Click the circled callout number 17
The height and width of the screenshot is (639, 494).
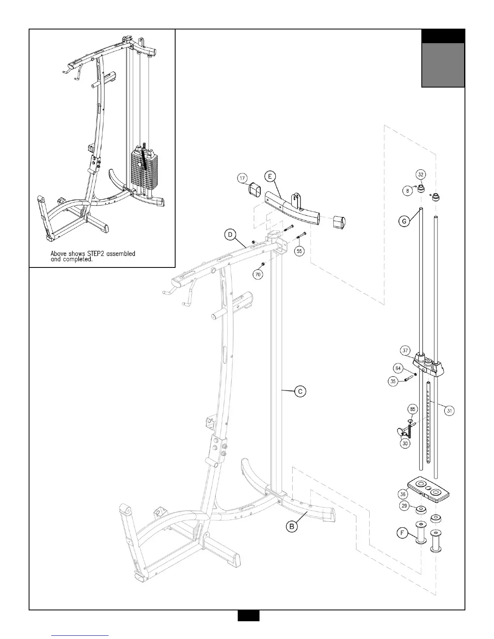click(x=242, y=178)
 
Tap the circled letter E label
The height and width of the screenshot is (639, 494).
click(x=270, y=176)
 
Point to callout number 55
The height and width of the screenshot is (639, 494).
click(x=299, y=251)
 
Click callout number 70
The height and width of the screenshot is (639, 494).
click(x=258, y=274)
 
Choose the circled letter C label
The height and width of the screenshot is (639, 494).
click(x=300, y=391)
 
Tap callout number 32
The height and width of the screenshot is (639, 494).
click(x=421, y=175)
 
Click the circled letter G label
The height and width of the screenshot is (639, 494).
click(x=404, y=221)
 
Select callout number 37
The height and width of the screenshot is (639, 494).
click(x=405, y=350)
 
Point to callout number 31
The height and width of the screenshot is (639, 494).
click(x=449, y=411)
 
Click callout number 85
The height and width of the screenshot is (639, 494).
click(x=412, y=409)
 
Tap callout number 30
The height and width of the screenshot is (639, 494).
click(x=405, y=443)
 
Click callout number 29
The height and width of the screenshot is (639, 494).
click(x=404, y=505)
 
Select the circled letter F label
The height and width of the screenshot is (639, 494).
click(x=402, y=533)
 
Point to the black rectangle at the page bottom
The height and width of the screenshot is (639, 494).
click(x=248, y=626)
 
